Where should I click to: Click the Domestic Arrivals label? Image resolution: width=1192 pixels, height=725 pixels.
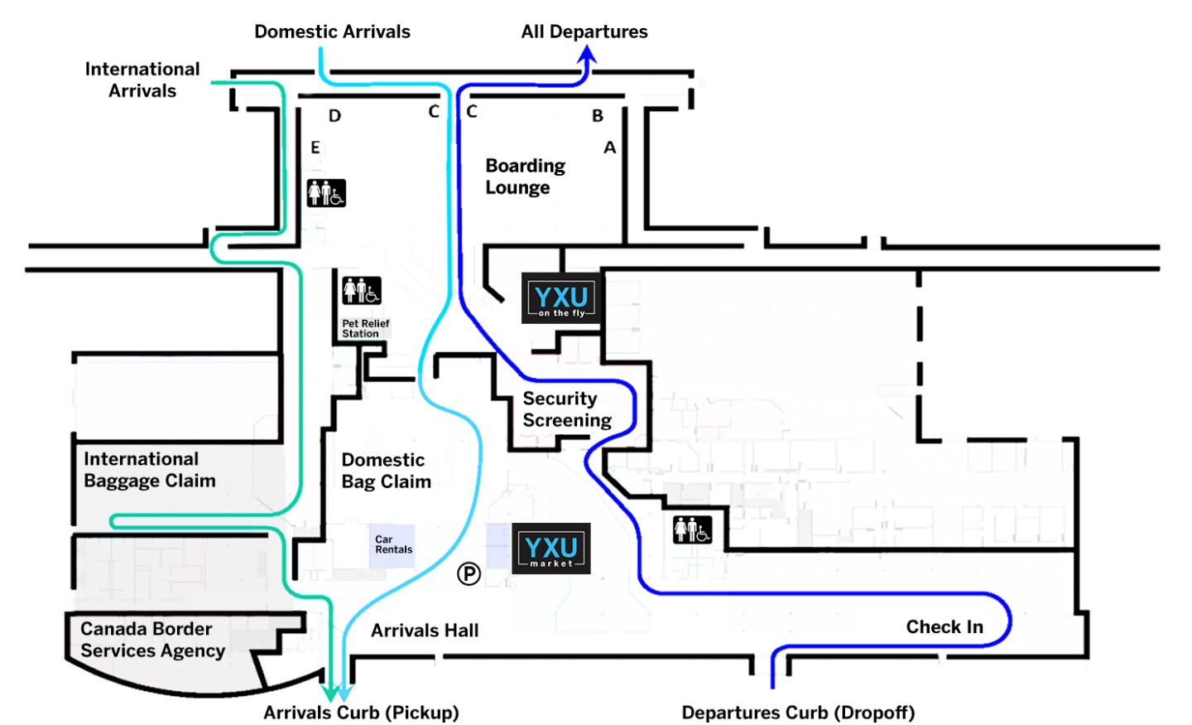coord(332,31)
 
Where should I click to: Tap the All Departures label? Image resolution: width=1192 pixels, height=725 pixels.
coord(584,31)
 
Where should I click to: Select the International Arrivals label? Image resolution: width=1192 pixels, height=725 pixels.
coord(142,80)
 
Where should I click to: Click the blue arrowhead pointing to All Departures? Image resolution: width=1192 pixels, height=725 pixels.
coord(587,56)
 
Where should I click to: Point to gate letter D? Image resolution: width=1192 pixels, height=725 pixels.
coord(334,116)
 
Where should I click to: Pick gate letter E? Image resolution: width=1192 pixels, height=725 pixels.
coord(315,147)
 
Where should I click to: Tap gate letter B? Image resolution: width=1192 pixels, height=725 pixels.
coord(597,116)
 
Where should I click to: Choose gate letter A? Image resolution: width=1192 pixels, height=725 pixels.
coord(610,147)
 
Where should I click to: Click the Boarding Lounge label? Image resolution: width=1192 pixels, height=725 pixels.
coord(525,176)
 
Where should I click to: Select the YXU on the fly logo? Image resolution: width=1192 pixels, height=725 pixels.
coord(561,298)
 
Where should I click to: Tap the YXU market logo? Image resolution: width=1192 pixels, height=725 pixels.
coord(551,549)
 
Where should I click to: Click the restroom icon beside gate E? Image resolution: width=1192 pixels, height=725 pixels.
coord(326,193)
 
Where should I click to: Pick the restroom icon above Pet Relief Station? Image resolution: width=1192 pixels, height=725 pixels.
coord(362,291)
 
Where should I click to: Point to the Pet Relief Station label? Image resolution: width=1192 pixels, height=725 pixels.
coord(365,329)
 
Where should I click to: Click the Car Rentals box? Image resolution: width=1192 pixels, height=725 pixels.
coord(392,545)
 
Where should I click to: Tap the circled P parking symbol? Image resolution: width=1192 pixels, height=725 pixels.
coord(469,573)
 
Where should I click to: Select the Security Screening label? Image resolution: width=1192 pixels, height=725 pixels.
coord(566,409)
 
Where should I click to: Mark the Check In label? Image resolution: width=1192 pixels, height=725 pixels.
coord(944,627)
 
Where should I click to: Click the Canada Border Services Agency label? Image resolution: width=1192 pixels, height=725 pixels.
coord(152,640)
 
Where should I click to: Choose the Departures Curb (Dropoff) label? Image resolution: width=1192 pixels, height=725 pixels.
coord(798,713)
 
